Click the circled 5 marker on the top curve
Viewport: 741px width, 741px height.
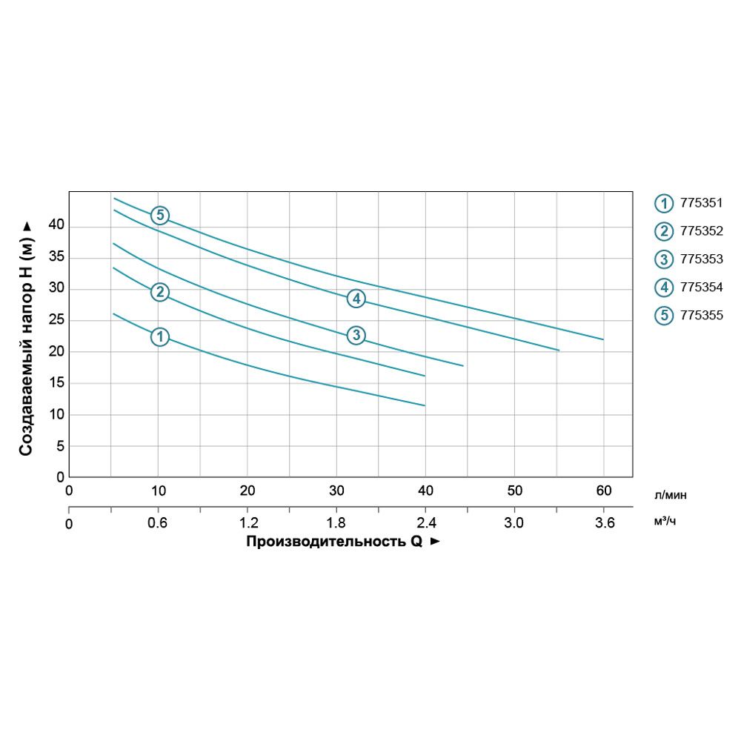click(160, 216)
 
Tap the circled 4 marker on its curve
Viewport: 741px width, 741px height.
click(356, 299)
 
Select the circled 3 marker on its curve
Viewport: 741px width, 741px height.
click(356, 335)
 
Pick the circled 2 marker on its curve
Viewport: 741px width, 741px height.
click(160, 292)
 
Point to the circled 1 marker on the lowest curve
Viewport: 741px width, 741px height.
click(160, 336)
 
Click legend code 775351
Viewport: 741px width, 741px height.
click(701, 202)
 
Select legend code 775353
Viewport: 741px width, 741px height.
click(701, 259)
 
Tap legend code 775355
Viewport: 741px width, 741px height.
click(701, 315)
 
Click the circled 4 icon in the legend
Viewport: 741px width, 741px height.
click(663, 288)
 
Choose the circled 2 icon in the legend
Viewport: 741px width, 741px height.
click(663, 231)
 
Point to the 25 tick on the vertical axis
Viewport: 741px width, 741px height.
click(56, 321)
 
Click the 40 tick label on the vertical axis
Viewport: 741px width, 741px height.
click(56, 225)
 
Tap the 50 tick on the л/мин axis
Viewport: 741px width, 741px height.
click(514, 491)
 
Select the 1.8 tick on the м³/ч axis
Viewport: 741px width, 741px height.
click(336, 523)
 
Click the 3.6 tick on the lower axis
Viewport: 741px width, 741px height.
click(604, 523)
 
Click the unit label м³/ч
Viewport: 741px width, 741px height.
click(665, 522)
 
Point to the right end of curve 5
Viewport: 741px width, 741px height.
click(603, 339)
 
